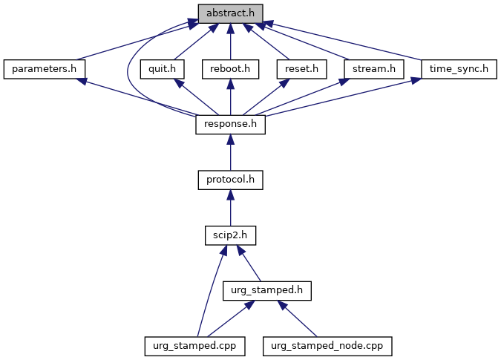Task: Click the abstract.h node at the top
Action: (230, 13)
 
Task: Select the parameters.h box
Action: (44, 69)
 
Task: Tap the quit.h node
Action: (161, 69)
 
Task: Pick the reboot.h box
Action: (230, 69)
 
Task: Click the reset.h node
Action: (301, 69)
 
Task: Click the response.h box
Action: (230, 125)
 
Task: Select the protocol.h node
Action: (230, 180)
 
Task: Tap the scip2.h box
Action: (230, 235)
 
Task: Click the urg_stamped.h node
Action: (266, 290)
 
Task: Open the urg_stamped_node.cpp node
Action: (327, 345)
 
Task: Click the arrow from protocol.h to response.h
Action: (230, 152)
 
